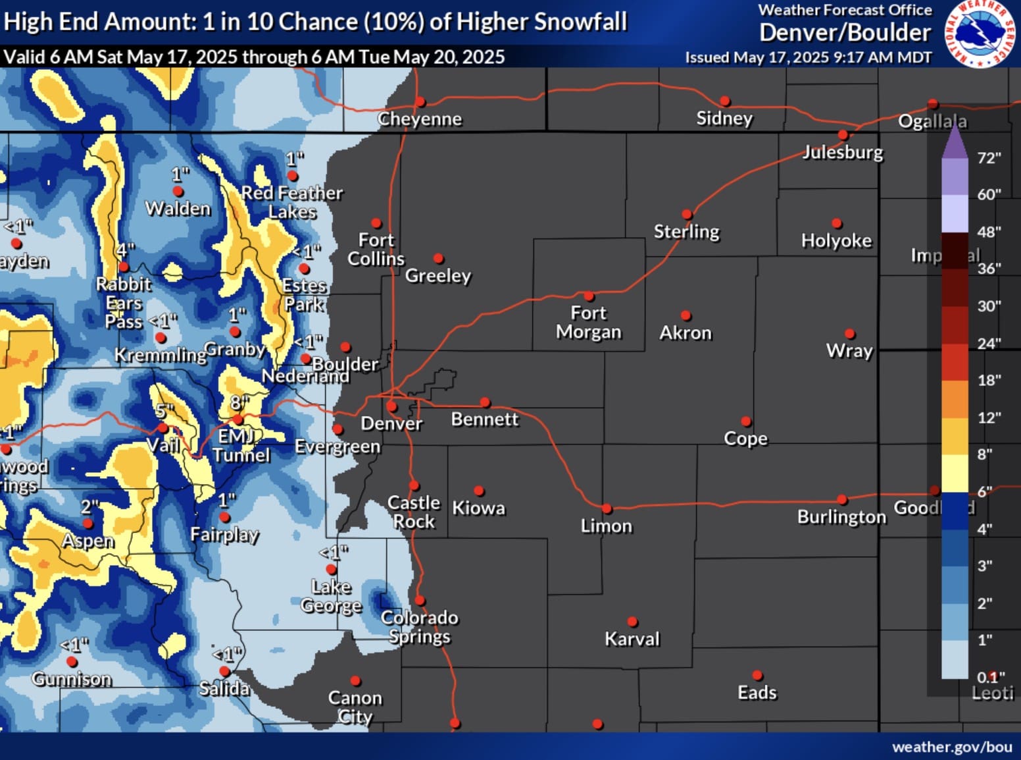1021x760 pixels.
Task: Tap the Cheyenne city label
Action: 420,119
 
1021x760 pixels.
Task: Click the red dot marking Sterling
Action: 687,214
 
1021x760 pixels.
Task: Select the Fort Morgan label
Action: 588,322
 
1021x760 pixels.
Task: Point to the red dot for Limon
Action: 607,508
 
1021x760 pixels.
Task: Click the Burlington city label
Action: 841,517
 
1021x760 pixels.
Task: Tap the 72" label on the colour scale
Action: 989,158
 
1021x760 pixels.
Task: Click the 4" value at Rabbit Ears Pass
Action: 125,251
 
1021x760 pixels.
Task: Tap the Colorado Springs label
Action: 419,627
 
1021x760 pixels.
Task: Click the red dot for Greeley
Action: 439,259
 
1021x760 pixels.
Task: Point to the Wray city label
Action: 849,350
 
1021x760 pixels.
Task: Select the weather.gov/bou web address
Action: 951,747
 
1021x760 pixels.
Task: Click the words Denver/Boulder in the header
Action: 845,32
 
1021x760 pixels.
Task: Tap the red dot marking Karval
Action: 632,622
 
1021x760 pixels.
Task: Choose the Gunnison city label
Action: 72,679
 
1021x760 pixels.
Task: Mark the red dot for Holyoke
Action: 837,223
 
